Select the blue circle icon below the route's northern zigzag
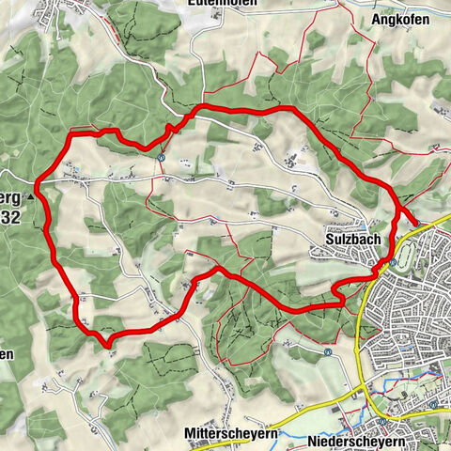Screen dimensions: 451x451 162,158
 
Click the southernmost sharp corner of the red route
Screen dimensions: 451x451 110,344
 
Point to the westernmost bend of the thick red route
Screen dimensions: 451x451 39,181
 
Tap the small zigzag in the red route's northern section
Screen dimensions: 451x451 170,130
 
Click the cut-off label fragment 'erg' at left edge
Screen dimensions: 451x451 10,198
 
